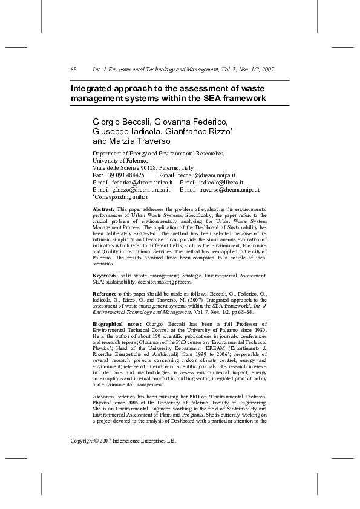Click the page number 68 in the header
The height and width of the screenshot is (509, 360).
click(73, 70)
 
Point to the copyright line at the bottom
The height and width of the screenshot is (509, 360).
click(123, 441)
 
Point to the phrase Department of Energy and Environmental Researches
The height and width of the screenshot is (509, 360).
click(159, 154)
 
